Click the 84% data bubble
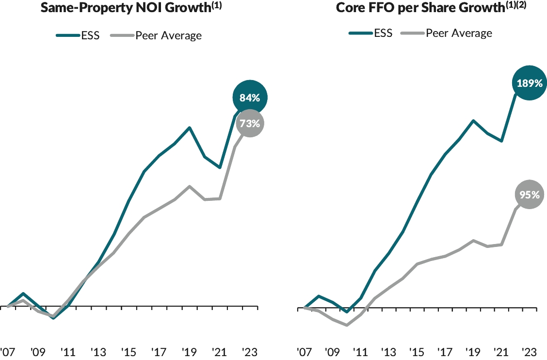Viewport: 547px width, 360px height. point(250,98)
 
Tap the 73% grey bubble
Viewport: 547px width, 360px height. point(250,124)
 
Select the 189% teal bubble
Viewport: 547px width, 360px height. point(529,83)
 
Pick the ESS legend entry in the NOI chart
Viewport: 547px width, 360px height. point(78,35)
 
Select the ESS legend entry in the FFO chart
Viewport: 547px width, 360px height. point(371,33)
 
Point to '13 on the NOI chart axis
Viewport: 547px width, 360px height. point(98,351)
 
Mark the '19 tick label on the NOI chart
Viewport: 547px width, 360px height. point(190,351)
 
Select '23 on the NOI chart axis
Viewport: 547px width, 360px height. point(250,351)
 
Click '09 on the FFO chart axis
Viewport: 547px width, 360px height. point(333,351)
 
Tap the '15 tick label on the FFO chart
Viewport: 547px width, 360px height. point(417,351)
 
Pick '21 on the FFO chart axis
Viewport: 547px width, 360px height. point(501,351)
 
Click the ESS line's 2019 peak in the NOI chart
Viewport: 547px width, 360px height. point(190,128)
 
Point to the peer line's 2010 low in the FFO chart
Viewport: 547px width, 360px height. point(347,325)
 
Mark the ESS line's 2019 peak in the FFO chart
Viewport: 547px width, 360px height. point(473,120)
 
